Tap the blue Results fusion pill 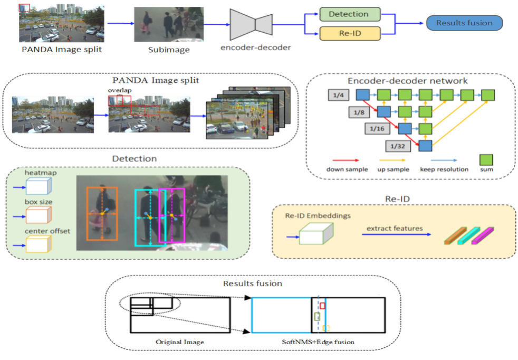coord(464,23)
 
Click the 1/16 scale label coord(377,128)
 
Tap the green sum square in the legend coord(486,159)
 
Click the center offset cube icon coord(38,245)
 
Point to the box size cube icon coord(38,216)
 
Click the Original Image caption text coord(180,343)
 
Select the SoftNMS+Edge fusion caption coord(318,343)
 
